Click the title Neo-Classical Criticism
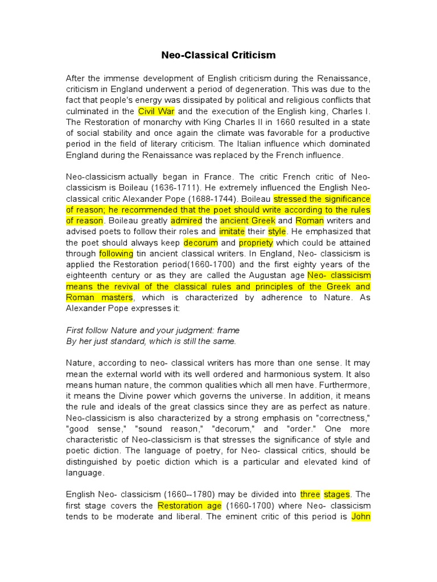coord(218,55)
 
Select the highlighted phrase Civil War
coord(157,111)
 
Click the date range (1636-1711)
coord(184,188)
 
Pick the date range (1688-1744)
coord(215,199)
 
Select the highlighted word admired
coord(186,221)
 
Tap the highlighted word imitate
coord(232,232)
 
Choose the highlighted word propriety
coord(255,243)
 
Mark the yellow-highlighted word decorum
coord(201,243)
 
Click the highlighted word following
coord(116,253)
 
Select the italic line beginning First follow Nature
coord(153,330)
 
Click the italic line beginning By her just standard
coord(151,341)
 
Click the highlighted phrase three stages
coord(326,494)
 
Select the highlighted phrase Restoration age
coord(188,506)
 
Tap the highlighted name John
coord(361,517)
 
